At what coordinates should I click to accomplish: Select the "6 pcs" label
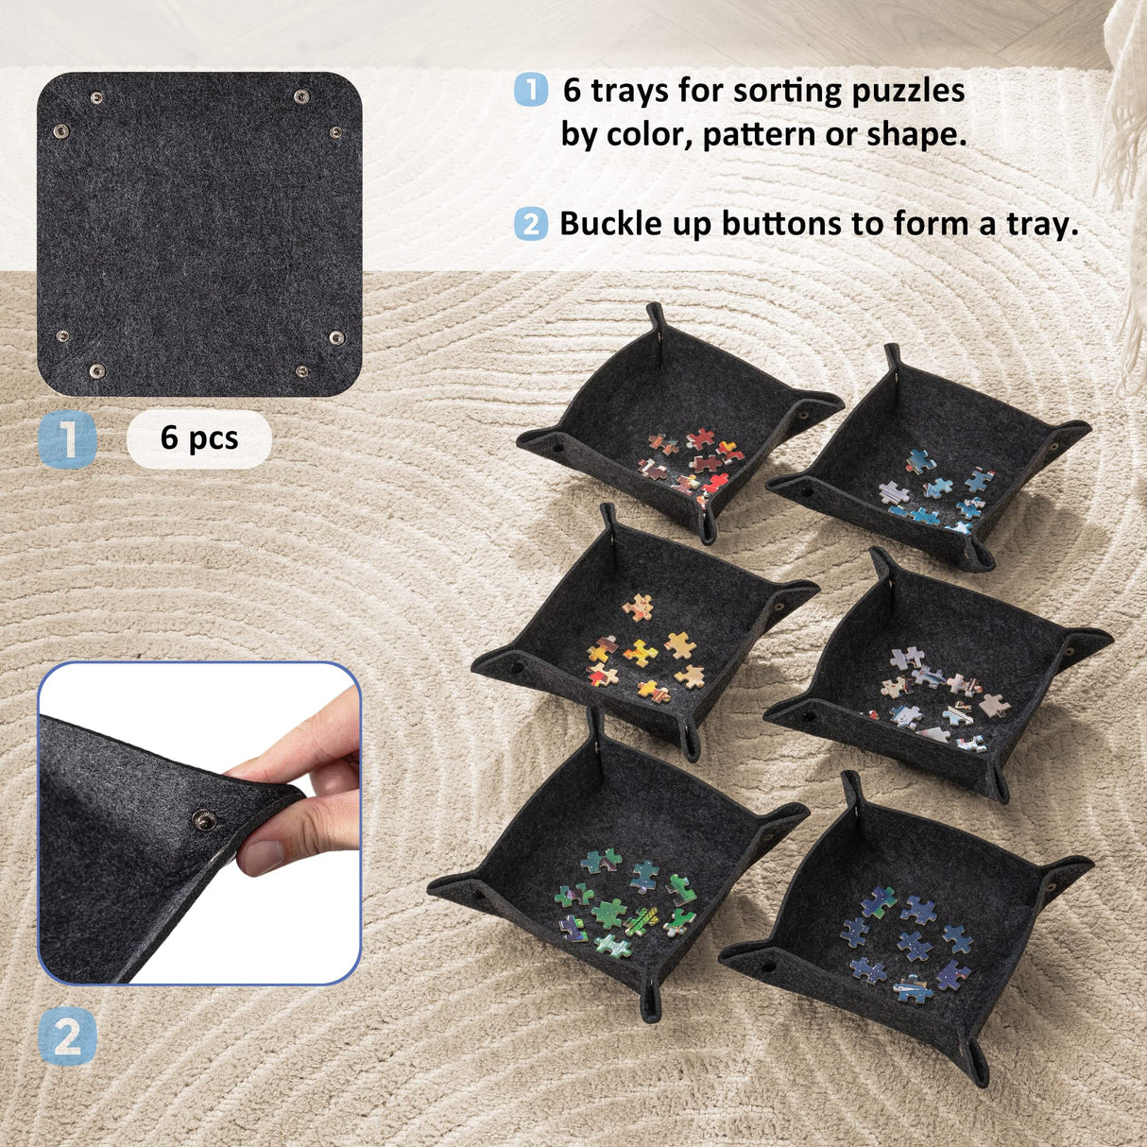(x=198, y=438)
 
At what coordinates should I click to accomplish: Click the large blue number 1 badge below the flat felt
(x=68, y=439)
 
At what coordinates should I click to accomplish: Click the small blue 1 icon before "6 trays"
(x=531, y=91)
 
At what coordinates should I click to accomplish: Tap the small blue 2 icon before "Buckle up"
(x=531, y=225)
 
